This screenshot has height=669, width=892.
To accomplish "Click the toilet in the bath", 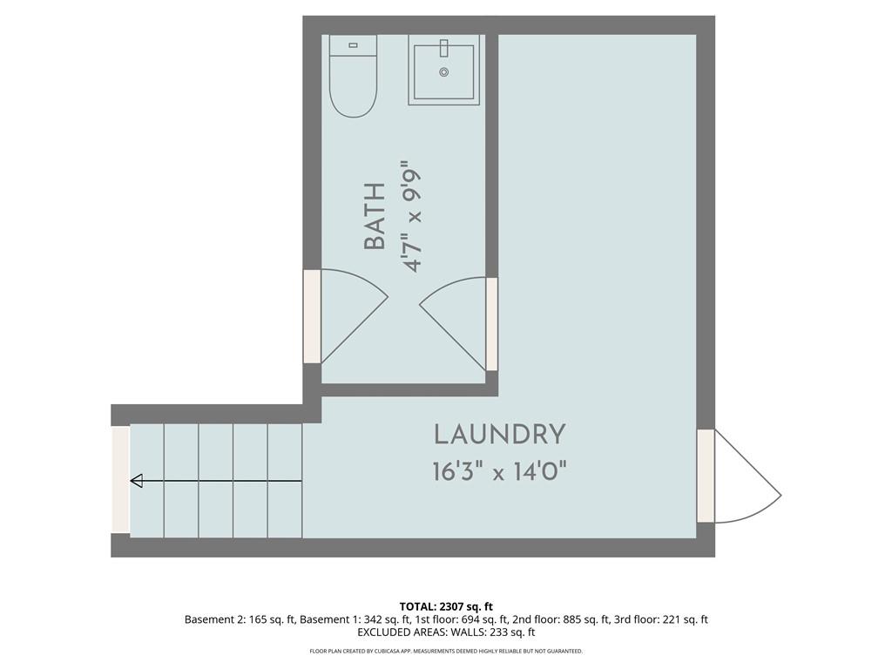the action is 354,77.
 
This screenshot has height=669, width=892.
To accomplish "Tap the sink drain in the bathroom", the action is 444,72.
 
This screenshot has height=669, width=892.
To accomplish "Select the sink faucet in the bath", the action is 444,48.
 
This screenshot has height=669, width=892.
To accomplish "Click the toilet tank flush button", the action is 354,45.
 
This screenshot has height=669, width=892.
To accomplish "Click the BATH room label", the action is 375,216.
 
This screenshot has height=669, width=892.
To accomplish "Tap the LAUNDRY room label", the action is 499,435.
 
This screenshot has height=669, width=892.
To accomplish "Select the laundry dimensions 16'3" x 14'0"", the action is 499,471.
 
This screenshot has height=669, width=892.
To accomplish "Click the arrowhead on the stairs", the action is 137,481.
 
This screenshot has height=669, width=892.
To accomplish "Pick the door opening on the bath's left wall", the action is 313,316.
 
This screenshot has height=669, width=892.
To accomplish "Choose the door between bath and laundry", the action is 491,324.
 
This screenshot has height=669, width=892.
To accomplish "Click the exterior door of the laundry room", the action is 706,476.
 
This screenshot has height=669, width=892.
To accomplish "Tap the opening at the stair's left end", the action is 120,480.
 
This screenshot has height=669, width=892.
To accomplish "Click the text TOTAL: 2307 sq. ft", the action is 446,606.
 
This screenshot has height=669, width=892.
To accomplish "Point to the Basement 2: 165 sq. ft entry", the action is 240,619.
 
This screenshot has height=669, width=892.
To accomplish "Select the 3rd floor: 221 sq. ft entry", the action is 661,619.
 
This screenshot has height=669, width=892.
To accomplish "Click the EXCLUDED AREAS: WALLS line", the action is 446,632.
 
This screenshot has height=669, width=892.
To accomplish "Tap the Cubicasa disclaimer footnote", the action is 446,651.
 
